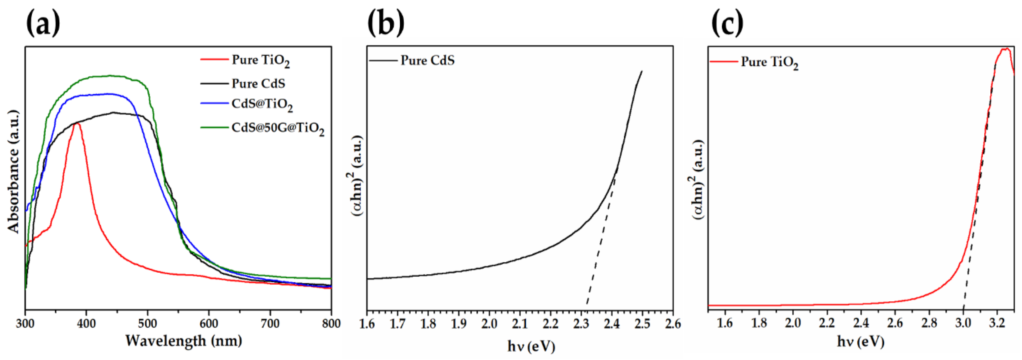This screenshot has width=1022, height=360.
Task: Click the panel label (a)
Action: coord(43,23)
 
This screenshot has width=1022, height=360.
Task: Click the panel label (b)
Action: coord(386,23)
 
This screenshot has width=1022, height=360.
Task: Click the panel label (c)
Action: coord(727,23)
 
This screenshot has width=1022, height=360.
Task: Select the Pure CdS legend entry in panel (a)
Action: coord(258,84)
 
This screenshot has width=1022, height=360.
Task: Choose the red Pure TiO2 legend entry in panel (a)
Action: coord(260,60)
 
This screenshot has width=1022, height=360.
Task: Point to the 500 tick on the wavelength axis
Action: coord(148,324)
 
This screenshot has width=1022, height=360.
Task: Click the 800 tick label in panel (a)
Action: coord(331,324)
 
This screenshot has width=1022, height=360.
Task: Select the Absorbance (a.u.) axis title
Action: coord(14,172)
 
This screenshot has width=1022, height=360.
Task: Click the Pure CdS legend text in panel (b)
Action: coord(427,60)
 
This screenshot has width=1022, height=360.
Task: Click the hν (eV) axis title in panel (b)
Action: coord(531,346)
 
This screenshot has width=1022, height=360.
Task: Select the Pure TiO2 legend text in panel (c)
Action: coord(769,62)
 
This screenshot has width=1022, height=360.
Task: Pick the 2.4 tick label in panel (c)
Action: coord(861,324)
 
